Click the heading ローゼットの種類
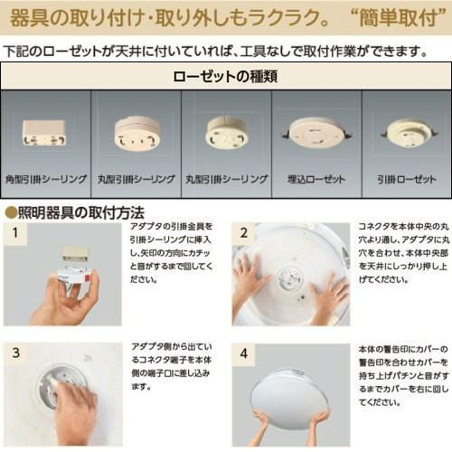click(225, 76)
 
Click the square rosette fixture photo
click(44, 133)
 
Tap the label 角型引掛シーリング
click(46, 179)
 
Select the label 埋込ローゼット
click(316, 179)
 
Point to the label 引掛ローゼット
click(407, 179)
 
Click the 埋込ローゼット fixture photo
click(316, 133)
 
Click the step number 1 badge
click(15, 233)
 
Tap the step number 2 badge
click(244, 233)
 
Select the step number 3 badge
click(15, 353)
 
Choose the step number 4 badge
click(244, 353)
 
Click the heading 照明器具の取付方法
click(81, 212)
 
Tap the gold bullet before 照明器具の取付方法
click(11, 212)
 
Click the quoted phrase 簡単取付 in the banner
click(399, 17)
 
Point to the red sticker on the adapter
click(87, 277)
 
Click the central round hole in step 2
click(288, 278)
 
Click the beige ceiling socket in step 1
click(76, 253)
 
